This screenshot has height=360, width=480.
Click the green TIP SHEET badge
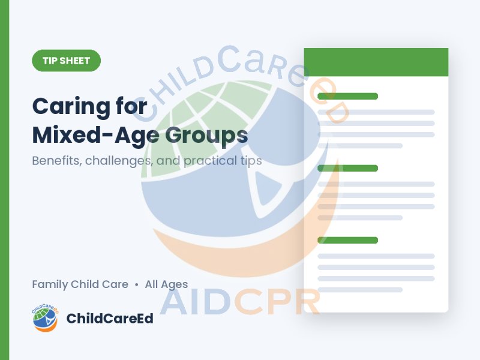67,61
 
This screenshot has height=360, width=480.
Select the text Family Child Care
80,284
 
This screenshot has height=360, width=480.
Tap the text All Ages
166,284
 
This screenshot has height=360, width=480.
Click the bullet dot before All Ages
137,285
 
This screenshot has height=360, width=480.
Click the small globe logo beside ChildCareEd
46,318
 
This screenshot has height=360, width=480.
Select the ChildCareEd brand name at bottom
110,319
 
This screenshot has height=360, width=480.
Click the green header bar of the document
376,62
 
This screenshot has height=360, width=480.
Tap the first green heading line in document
348,96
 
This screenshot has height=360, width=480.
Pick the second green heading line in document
348,168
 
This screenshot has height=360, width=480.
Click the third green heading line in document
348,240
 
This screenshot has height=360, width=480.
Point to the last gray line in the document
360,290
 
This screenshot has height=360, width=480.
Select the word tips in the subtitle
251,161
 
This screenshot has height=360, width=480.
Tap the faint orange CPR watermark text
278,302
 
